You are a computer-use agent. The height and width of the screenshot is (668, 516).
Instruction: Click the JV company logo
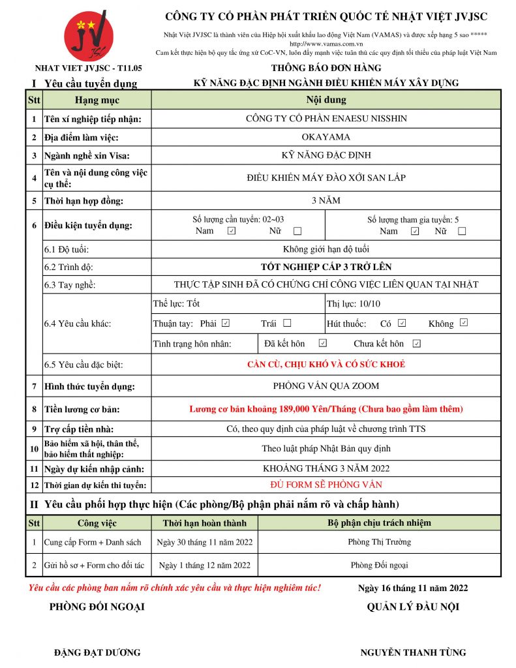[x=88, y=36]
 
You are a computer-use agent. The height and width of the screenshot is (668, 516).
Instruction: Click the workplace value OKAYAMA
[x=326, y=137]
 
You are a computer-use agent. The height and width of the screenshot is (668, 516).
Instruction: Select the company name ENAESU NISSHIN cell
[x=326, y=119]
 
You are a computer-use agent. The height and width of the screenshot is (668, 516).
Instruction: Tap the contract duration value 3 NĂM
[x=326, y=200]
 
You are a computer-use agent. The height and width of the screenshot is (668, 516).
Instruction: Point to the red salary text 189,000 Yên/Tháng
[x=326, y=409]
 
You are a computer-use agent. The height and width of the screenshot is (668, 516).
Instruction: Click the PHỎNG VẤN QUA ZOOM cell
[x=326, y=386]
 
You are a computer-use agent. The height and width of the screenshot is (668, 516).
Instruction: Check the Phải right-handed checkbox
[x=226, y=323]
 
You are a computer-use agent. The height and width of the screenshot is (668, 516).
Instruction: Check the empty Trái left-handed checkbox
[x=287, y=323]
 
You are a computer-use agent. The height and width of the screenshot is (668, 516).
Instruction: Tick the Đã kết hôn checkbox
[x=322, y=343]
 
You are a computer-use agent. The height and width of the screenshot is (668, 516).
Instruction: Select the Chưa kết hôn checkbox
[x=416, y=343]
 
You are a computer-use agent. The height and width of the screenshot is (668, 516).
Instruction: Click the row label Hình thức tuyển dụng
[x=89, y=387]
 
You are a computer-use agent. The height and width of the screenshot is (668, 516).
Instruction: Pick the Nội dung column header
[x=326, y=100]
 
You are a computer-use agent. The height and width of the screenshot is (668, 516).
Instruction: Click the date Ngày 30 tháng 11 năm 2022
[x=205, y=542]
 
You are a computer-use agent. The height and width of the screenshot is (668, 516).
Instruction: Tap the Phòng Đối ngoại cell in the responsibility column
[x=379, y=565]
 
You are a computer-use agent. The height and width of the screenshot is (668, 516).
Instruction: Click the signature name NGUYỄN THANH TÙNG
[x=413, y=652]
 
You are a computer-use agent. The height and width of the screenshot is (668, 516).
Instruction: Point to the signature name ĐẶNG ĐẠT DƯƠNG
[x=97, y=652]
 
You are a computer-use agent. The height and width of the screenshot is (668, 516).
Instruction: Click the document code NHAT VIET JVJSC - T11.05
[x=88, y=68]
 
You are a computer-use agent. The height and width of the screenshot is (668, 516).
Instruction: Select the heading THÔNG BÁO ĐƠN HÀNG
[x=326, y=68]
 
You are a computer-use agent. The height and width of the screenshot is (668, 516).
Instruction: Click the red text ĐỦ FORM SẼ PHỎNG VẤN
[x=326, y=485]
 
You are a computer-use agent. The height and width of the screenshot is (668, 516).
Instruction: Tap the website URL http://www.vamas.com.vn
[x=326, y=43]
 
